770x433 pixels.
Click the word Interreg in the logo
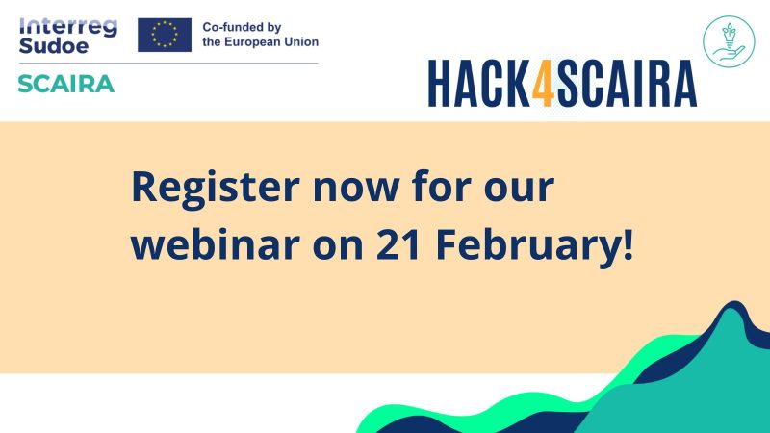click(x=68, y=27)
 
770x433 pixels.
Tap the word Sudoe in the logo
click(x=54, y=45)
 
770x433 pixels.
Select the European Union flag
click(x=165, y=35)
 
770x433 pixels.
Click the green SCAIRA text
click(x=66, y=84)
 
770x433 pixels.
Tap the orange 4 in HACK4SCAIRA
click(x=544, y=84)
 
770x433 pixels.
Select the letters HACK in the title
click(x=479, y=84)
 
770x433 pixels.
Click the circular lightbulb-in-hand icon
click(x=729, y=41)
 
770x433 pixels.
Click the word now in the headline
click(x=356, y=188)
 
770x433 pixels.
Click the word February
click(x=528, y=244)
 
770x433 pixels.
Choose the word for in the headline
click(x=442, y=186)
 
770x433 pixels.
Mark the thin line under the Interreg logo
click(x=168, y=64)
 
